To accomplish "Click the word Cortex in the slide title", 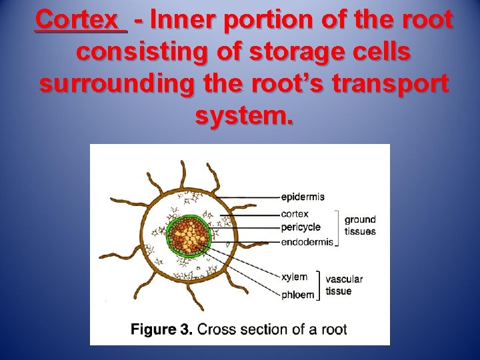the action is tap(81, 19).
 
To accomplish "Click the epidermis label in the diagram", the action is tap(303, 197).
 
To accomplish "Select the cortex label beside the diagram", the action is tap(295, 214).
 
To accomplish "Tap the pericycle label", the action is tap(301, 227).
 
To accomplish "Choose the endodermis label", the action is tap(307, 242).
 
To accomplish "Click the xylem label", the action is tap(294, 277).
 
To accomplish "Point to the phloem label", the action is tap(297, 295).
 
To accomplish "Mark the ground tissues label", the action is tap(360, 225).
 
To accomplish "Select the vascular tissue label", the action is tap(344, 285).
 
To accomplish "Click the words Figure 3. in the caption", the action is tap(161, 329).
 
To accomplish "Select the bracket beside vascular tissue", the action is tap(319, 285).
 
